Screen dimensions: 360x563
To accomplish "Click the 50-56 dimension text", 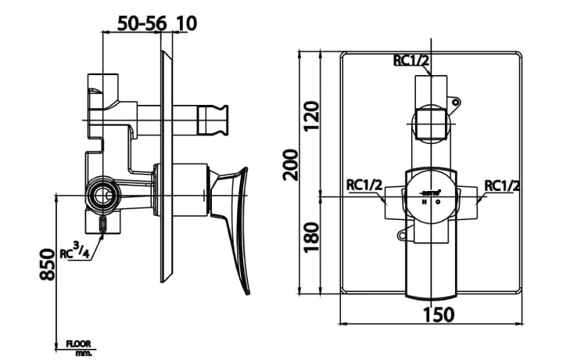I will (x=141, y=23).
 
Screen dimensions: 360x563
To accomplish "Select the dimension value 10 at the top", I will (x=186, y=23).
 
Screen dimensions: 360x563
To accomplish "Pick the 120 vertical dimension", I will (x=313, y=115).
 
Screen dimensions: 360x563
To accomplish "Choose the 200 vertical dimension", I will (x=291, y=164).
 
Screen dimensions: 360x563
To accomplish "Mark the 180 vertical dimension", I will (x=313, y=236).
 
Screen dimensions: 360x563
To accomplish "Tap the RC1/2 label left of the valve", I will (x=364, y=185).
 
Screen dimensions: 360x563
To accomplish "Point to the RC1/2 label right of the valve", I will (x=502, y=185).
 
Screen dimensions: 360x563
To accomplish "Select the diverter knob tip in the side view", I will (x=215, y=118).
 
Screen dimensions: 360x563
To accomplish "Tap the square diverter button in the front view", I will (x=430, y=123).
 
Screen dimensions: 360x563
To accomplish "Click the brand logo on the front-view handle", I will (x=430, y=191).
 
